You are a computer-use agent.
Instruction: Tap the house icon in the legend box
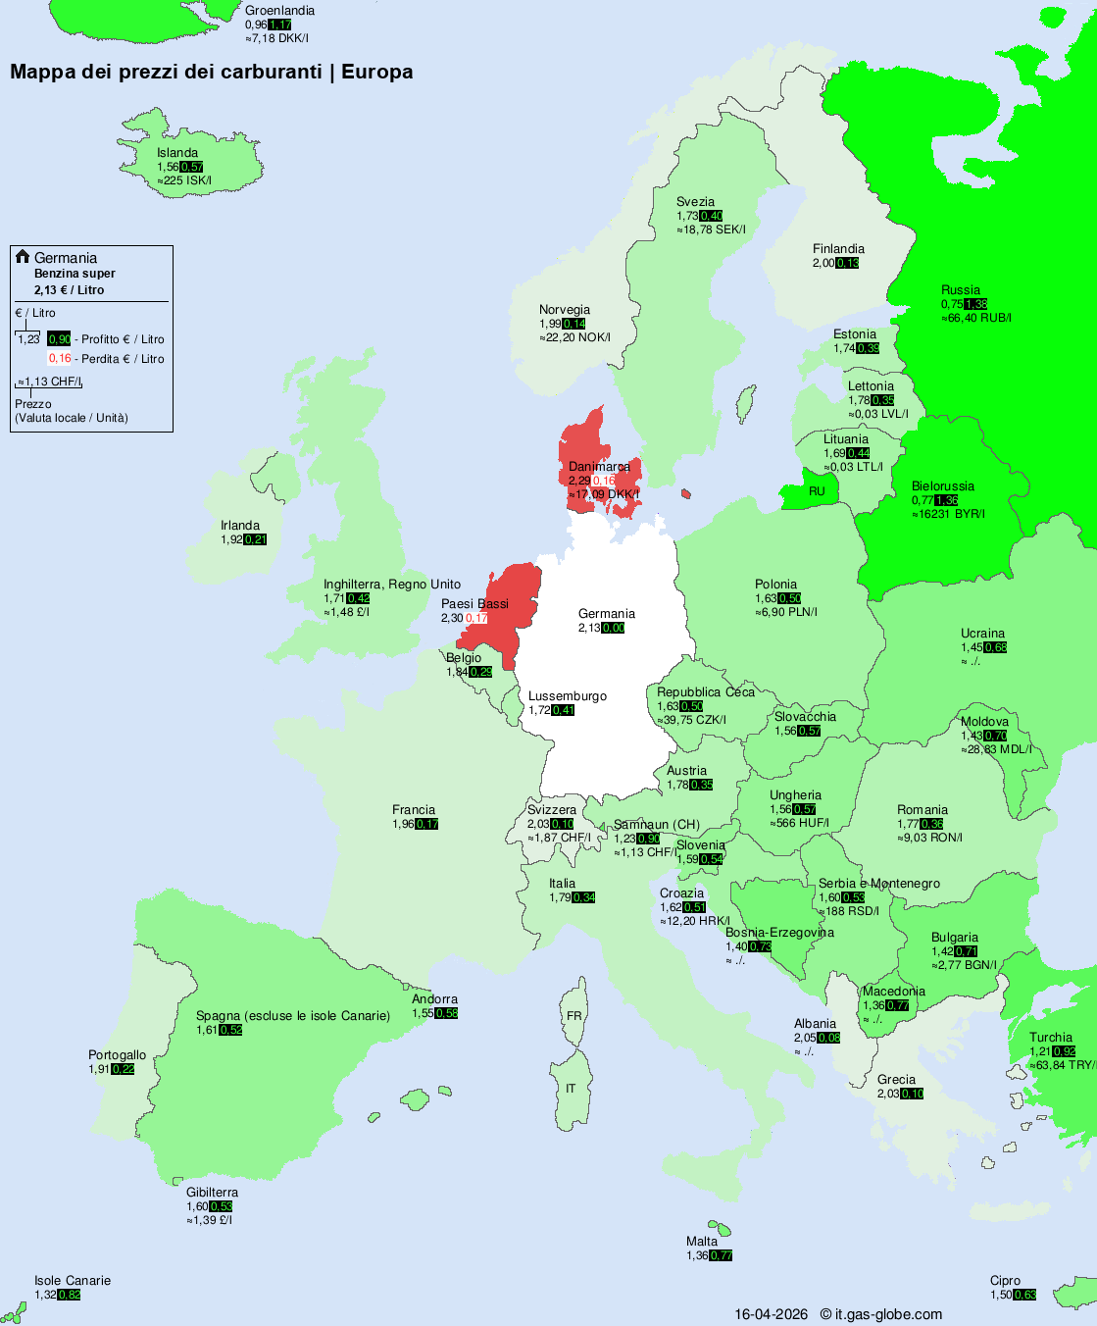(x=23, y=257)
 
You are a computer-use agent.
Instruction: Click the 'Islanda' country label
(x=177, y=153)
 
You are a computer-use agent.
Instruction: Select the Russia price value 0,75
(x=951, y=304)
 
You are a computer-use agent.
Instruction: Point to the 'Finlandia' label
(x=838, y=249)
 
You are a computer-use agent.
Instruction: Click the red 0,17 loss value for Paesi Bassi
(x=476, y=619)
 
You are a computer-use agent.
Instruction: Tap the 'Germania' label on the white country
(x=606, y=614)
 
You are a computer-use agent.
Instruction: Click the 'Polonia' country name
(x=775, y=585)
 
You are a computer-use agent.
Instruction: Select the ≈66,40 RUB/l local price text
(x=976, y=318)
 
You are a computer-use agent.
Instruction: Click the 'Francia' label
(x=414, y=810)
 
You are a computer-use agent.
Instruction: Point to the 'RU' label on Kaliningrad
(x=817, y=491)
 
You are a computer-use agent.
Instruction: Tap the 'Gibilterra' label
(x=212, y=1193)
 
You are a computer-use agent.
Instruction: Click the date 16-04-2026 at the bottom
(x=772, y=1314)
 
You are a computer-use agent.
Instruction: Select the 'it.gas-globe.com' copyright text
(x=888, y=1314)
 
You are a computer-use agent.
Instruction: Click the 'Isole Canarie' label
(x=73, y=1281)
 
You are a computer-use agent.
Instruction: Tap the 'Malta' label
(x=702, y=1242)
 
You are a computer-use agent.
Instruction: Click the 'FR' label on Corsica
(x=573, y=1016)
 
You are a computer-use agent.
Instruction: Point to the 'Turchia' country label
(x=1051, y=1038)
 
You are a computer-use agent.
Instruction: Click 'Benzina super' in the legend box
(x=75, y=274)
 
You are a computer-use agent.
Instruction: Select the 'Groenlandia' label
(x=279, y=11)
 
